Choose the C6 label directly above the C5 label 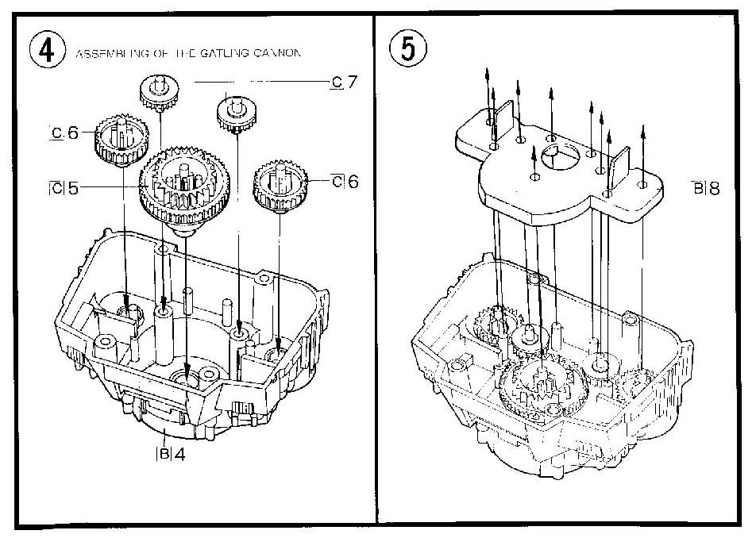[x=65, y=133]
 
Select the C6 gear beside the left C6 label [x=119, y=139]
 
